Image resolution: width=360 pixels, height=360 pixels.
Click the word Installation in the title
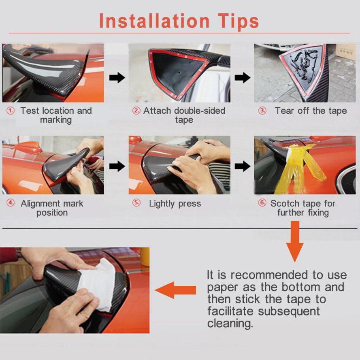click(154, 21)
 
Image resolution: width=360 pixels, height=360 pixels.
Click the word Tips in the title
click(239, 21)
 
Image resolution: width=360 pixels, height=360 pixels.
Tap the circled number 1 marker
click(11, 111)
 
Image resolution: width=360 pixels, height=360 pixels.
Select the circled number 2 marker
click(136, 111)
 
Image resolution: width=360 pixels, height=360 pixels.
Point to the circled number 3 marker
click(262, 111)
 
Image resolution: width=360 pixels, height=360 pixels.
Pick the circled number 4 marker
click(11, 203)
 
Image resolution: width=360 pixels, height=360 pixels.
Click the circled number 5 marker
click(136, 203)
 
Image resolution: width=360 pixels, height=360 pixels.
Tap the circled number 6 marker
click(262, 203)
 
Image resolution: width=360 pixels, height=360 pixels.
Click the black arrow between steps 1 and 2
click(117, 78)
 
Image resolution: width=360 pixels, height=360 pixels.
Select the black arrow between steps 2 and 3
click(243, 78)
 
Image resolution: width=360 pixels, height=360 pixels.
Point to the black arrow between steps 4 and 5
click(117, 166)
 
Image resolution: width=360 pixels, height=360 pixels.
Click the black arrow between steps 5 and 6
click(243, 166)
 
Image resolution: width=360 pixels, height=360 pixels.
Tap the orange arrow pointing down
click(295, 241)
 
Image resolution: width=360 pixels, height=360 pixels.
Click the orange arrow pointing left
click(175, 290)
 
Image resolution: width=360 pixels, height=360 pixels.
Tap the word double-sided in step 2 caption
click(200, 111)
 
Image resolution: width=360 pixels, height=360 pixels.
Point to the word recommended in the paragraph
click(269, 275)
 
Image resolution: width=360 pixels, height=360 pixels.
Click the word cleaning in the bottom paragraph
click(230, 323)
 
